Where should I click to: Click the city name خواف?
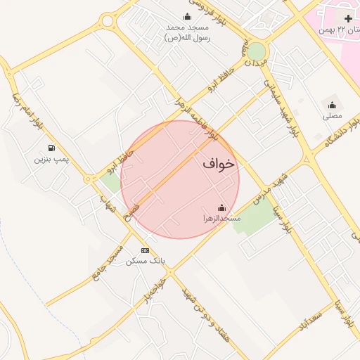coord(218,164)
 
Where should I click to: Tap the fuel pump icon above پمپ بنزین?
coord(52,148)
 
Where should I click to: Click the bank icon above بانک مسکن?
coord(146,250)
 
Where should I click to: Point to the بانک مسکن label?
coord(146,261)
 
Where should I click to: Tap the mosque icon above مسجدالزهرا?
coord(222,208)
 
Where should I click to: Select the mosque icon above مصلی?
coord(332,105)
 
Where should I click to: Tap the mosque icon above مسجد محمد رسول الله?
coord(187,17)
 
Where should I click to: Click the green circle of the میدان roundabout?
coord(257,51)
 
